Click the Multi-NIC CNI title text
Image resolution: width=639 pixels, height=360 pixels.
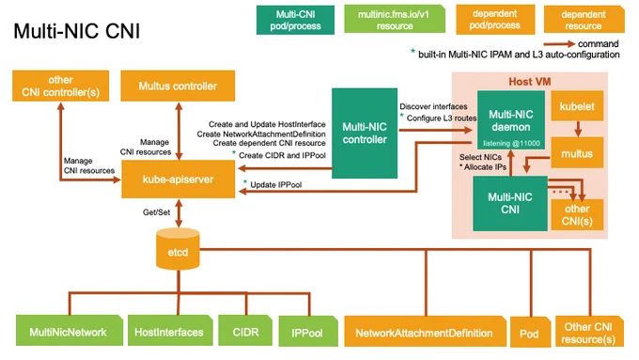(77, 31)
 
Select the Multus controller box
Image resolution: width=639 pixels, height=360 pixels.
(178, 86)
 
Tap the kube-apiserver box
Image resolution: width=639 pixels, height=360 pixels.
(179, 179)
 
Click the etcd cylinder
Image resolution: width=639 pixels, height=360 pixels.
(179, 249)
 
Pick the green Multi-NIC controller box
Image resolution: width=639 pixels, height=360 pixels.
(365, 133)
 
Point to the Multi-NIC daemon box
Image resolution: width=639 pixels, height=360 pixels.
(511, 120)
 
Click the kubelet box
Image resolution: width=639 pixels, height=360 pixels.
(577, 106)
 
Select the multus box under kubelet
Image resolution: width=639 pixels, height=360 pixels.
(577, 153)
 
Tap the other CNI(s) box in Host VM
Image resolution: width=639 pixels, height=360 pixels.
(577, 214)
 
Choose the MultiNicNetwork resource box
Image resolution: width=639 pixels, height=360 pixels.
(70, 330)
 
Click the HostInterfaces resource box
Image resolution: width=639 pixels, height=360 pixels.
(170, 330)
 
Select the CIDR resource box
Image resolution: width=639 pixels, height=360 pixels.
(245, 330)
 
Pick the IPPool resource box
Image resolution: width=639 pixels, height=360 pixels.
(308, 332)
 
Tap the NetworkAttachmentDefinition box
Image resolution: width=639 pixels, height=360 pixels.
(425, 332)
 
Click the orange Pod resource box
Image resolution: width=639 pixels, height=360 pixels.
(530, 333)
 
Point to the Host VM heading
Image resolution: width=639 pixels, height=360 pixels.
(529, 82)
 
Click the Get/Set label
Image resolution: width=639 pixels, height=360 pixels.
(156, 212)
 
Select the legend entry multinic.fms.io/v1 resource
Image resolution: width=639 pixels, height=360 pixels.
(395, 19)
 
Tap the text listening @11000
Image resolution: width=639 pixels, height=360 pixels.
(511, 143)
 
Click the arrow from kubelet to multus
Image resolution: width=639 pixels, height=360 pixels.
(578, 129)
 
